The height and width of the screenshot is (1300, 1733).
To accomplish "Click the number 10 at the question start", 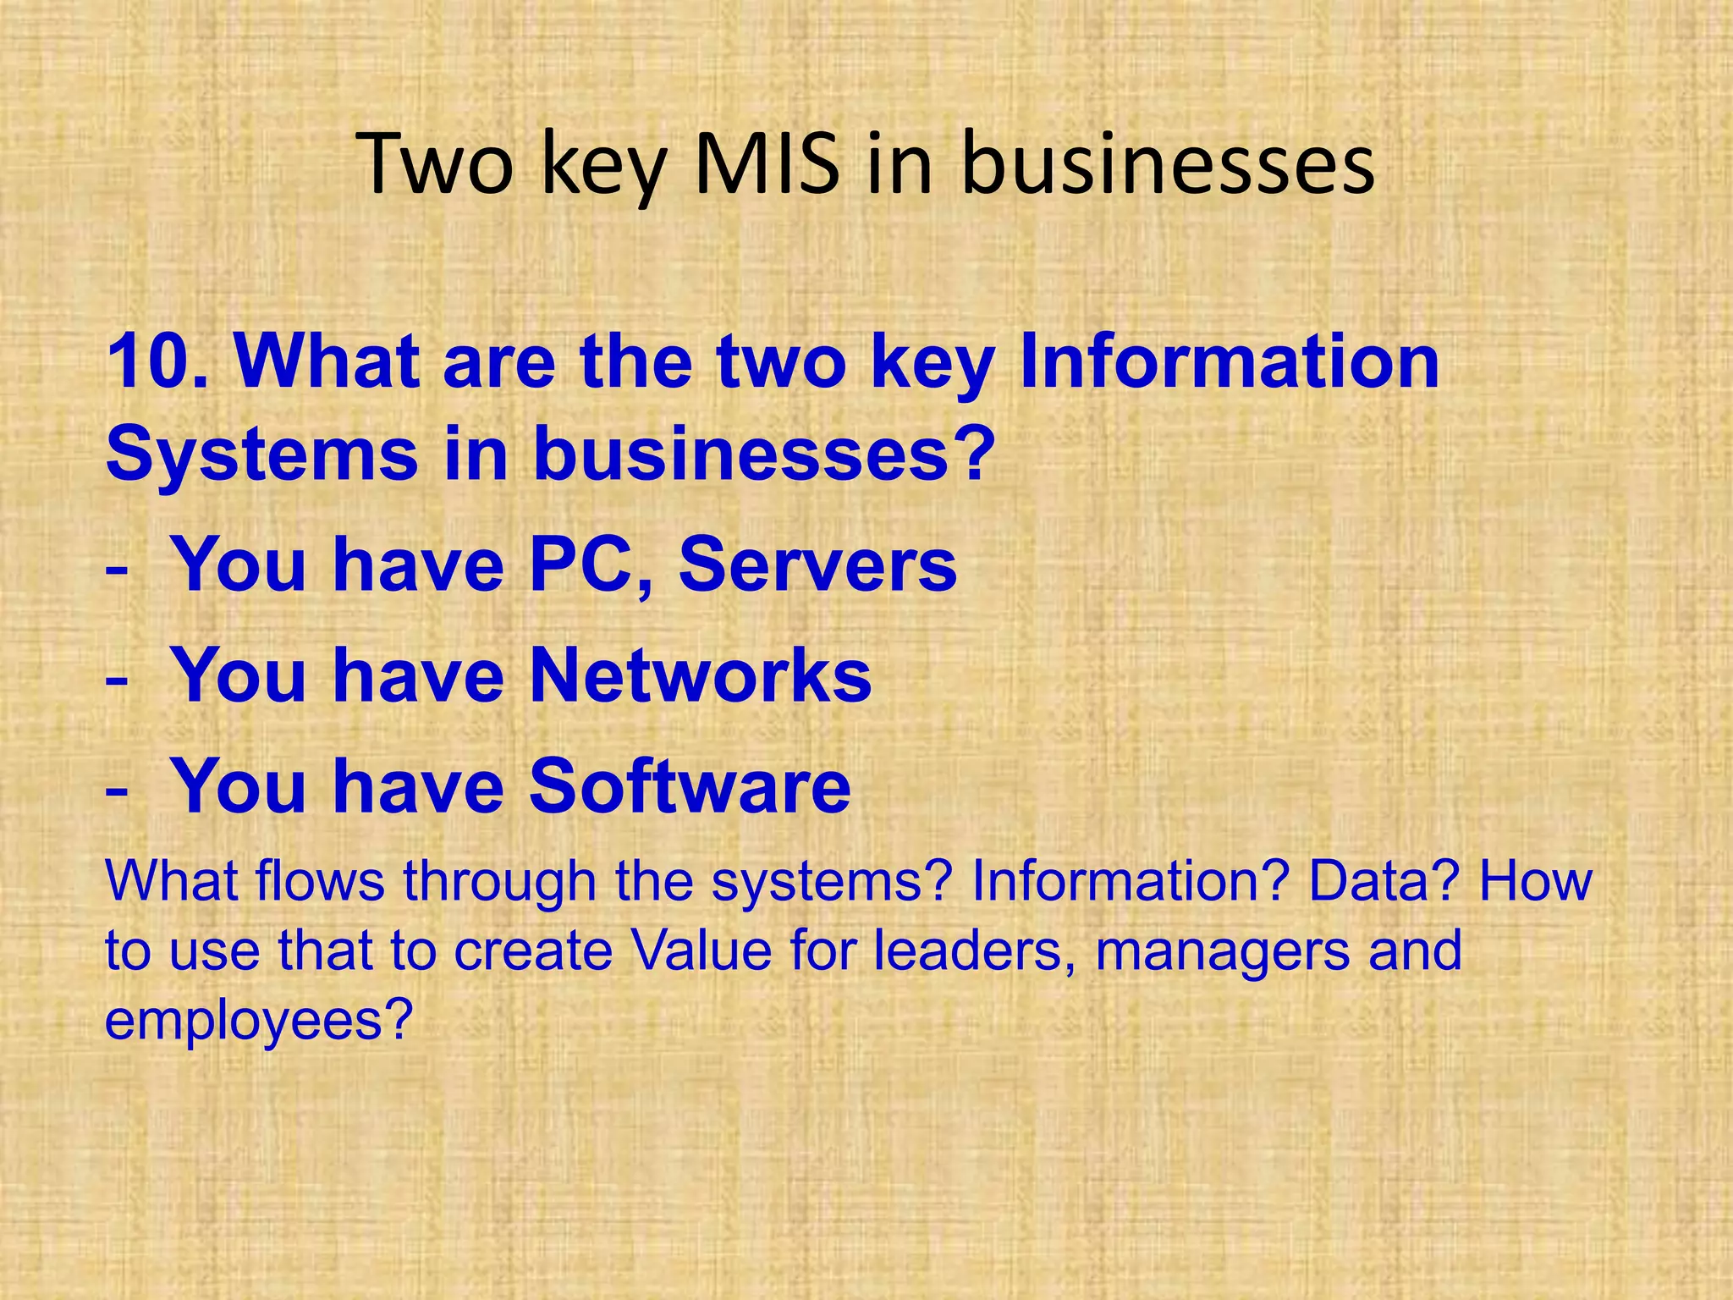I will tap(149, 361).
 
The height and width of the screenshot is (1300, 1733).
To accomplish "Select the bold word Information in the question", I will tap(1230, 361).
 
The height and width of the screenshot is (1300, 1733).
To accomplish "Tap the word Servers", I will tap(817, 565).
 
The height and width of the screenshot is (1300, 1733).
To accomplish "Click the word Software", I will tap(690, 786).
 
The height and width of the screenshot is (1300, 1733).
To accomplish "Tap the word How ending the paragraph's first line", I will tap(1536, 880).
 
